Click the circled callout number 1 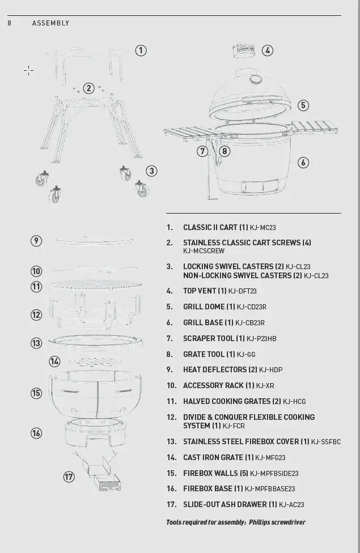pyautogui.click(x=141, y=50)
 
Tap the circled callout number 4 pyautogui.click(x=268, y=50)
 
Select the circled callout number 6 pyautogui.click(x=303, y=163)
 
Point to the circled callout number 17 pyautogui.click(x=69, y=477)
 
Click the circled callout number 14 pyautogui.click(x=54, y=361)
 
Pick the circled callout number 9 pyautogui.click(x=36, y=241)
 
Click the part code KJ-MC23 pyautogui.click(x=263, y=228)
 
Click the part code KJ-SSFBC pyautogui.click(x=326, y=442)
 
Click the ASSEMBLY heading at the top pyautogui.click(x=50, y=23)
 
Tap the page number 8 pyautogui.click(x=10, y=23)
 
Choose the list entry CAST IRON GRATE pyautogui.click(x=213, y=457)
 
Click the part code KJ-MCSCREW pyautogui.click(x=204, y=251)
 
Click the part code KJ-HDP pyautogui.click(x=270, y=370)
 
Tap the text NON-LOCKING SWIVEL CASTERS pyautogui.click(x=238, y=275)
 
